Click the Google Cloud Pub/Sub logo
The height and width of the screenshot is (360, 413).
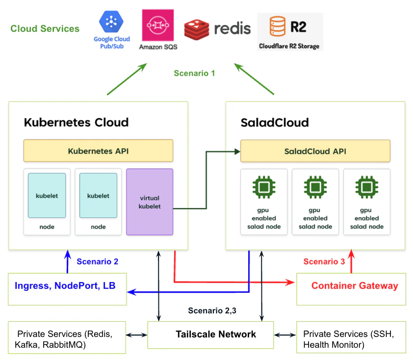(x=112, y=29)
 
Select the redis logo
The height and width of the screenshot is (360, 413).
(x=217, y=28)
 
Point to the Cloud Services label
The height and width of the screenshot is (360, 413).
(x=45, y=29)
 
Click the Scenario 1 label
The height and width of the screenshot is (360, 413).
(x=194, y=74)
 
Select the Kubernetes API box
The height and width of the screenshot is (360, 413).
(x=98, y=151)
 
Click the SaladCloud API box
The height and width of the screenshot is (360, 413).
(x=315, y=151)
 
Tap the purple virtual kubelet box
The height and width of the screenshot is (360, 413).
(x=150, y=202)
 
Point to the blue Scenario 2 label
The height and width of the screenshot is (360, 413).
(x=97, y=262)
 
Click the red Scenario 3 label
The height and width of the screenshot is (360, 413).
(x=324, y=262)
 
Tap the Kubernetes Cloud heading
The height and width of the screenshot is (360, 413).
(x=76, y=122)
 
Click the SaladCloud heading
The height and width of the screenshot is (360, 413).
(x=275, y=122)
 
